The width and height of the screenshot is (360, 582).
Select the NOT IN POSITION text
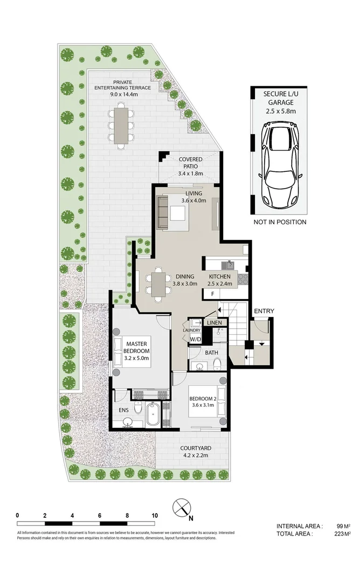(280, 222)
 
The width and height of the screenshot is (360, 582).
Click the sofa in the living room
(163, 213)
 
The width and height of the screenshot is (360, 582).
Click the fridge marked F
(212, 294)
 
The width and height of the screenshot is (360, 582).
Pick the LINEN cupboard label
(213, 322)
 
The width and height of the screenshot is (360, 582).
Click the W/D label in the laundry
(195, 339)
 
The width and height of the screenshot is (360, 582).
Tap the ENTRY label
(264, 311)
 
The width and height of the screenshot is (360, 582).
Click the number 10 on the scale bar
(155, 515)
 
